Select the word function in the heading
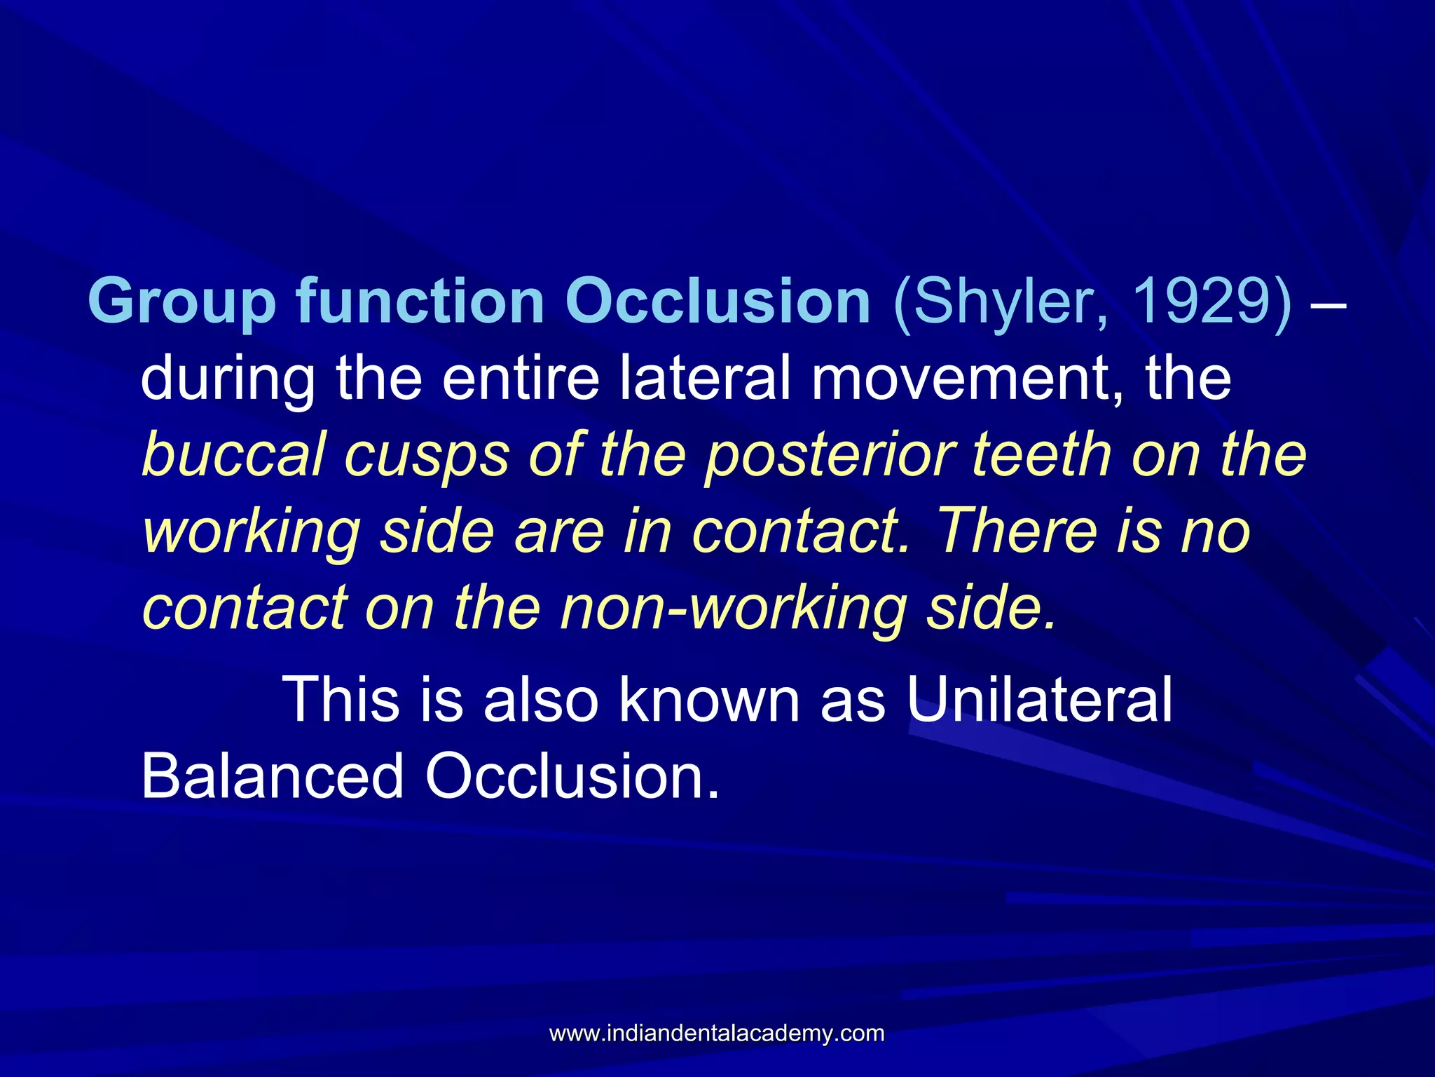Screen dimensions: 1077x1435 point(420,302)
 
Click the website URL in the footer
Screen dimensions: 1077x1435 point(717,1033)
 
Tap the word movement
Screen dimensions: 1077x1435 point(968,379)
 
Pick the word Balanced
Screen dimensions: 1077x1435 point(273,776)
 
